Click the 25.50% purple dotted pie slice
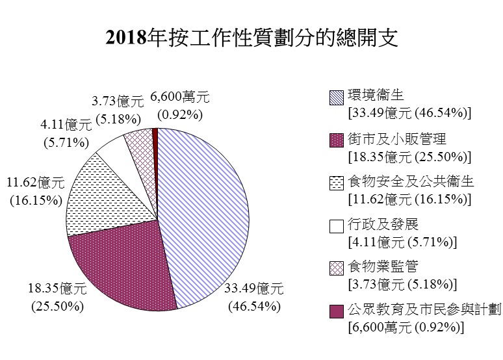click(x=120, y=263)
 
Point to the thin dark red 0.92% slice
click(x=155, y=136)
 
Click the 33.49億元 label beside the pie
click(x=253, y=289)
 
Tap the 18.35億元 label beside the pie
click(x=57, y=289)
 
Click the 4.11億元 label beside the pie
click(x=65, y=123)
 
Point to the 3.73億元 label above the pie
click(x=117, y=101)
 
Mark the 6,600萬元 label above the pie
click(x=180, y=97)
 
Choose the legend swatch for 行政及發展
click(x=337, y=226)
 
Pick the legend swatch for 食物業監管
click(x=337, y=269)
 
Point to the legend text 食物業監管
click(x=383, y=267)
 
